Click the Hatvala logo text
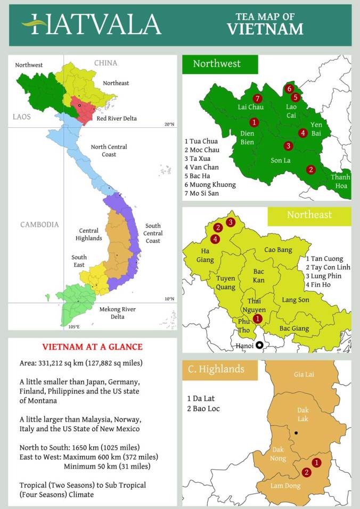(x=91, y=24)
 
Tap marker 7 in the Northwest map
(x=257, y=98)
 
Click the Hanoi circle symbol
(x=259, y=345)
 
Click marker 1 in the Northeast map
(x=257, y=318)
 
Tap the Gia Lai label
(x=304, y=374)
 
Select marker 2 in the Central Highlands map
(x=306, y=472)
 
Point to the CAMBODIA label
(x=39, y=225)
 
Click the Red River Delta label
(x=117, y=118)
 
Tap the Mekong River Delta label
(x=117, y=313)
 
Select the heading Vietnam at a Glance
(x=92, y=347)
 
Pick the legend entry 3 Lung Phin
(x=323, y=276)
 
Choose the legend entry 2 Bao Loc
(x=203, y=408)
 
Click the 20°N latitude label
(x=169, y=124)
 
